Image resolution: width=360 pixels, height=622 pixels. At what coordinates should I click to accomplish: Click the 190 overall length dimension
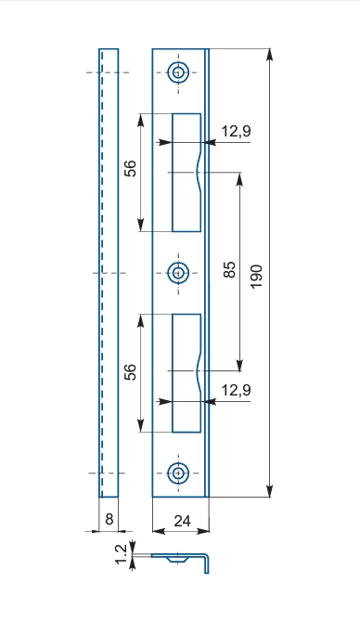[x=257, y=277]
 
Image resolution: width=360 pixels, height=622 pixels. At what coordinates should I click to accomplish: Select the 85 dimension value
[x=229, y=269]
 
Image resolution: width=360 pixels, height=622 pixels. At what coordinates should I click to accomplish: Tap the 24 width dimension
[x=182, y=521]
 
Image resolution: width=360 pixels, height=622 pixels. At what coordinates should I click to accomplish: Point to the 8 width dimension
[x=109, y=519]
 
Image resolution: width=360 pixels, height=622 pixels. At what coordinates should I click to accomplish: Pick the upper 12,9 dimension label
[x=236, y=131]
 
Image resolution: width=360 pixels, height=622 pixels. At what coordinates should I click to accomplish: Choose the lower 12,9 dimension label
[x=236, y=390]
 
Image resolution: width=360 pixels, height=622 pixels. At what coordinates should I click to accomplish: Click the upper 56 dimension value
[x=130, y=168]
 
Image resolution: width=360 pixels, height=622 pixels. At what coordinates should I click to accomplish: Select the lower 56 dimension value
[x=130, y=372]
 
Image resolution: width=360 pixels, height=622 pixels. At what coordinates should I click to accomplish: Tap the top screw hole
[x=178, y=72]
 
